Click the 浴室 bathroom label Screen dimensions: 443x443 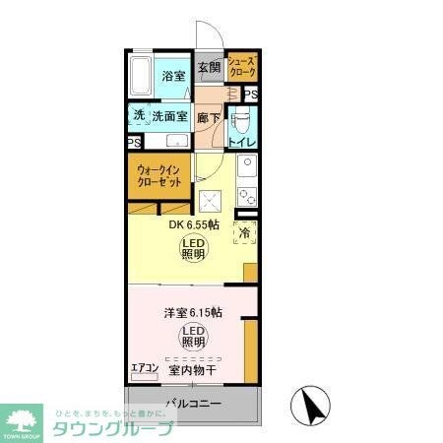point(174,76)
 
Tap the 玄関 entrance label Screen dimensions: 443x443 point(209,68)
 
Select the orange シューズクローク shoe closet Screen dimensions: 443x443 point(242,67)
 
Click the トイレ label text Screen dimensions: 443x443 point(242,142)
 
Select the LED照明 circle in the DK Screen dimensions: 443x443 point(194,248)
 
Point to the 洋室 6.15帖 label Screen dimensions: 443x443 point(192,312)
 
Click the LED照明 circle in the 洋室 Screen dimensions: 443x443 point(192,338)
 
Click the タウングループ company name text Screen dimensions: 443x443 point(113,428)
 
